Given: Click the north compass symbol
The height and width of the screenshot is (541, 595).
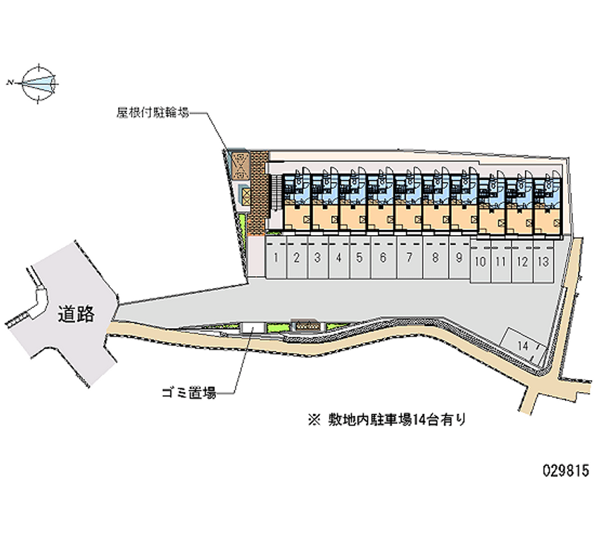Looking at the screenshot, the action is (39, 83).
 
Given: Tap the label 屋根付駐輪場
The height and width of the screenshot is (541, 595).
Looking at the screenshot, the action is (153, 112).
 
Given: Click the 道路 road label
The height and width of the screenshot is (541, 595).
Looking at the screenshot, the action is (77, 314).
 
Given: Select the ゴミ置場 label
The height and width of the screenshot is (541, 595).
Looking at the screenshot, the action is (189, 393).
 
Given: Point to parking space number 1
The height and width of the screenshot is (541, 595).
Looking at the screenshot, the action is (276, 257).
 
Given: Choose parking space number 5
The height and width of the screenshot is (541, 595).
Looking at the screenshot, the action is (359, 257).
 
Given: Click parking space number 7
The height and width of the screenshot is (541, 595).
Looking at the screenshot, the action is (410, 257).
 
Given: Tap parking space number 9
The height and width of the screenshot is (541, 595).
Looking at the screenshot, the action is (459, 257).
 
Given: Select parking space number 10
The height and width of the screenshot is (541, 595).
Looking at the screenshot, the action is (480, 261).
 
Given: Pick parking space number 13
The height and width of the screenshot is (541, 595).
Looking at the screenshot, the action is (544, 261).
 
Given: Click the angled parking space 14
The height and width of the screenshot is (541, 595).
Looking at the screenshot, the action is (524, 346).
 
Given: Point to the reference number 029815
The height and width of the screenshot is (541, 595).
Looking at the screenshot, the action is (566, 470).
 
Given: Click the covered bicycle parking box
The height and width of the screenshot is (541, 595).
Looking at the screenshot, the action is (240, 166).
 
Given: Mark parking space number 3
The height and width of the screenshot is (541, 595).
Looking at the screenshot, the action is (318, 257).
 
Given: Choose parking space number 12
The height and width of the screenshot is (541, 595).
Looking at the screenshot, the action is (523, 261).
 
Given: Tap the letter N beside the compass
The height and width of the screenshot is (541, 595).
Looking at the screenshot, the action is (10, 82).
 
